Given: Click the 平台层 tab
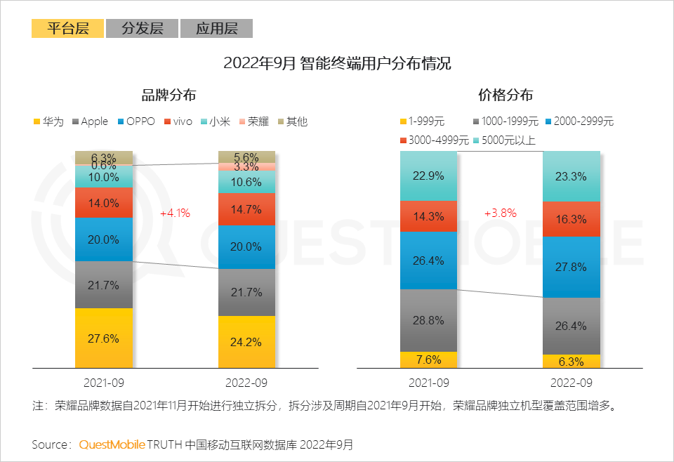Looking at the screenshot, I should (x=67, y=29).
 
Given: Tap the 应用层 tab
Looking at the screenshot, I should (x=216, y=29).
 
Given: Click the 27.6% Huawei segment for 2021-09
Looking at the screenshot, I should (x=104, y=338).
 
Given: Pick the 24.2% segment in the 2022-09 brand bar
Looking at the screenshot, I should (x=246, y=342).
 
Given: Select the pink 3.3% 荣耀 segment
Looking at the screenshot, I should (x=246, y=167).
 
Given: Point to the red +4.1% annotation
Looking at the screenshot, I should (x=175, y=213).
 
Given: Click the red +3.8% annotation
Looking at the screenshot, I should (x=500, y=213).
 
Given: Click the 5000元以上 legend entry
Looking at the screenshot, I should (x=501, y=140).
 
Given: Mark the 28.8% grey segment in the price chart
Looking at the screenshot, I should (x=428, y=320).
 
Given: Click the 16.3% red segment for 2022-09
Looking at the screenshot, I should (x=571, y=219).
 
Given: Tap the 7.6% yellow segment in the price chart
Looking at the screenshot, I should (x=428, y=359).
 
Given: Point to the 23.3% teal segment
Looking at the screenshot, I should (x=571, y=176).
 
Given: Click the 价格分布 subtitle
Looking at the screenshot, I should (x=505, y=95).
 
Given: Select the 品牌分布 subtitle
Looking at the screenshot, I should (x=168, y=95).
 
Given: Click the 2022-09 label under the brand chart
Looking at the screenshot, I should (x=246, y=383).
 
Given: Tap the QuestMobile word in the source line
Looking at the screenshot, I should (x=112, y=444).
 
